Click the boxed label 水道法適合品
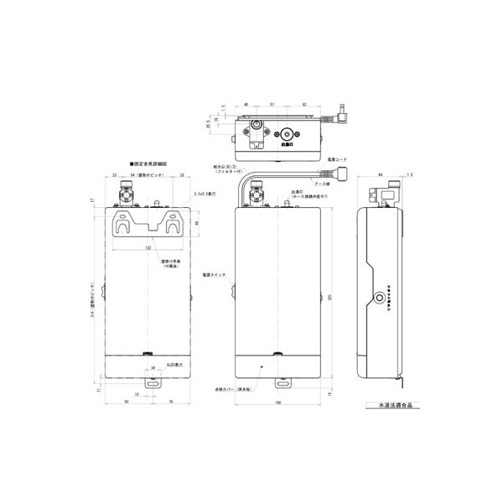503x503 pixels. [390, 405]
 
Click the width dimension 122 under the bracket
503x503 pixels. [148, 248]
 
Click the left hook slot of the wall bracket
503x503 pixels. [125, 225]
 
